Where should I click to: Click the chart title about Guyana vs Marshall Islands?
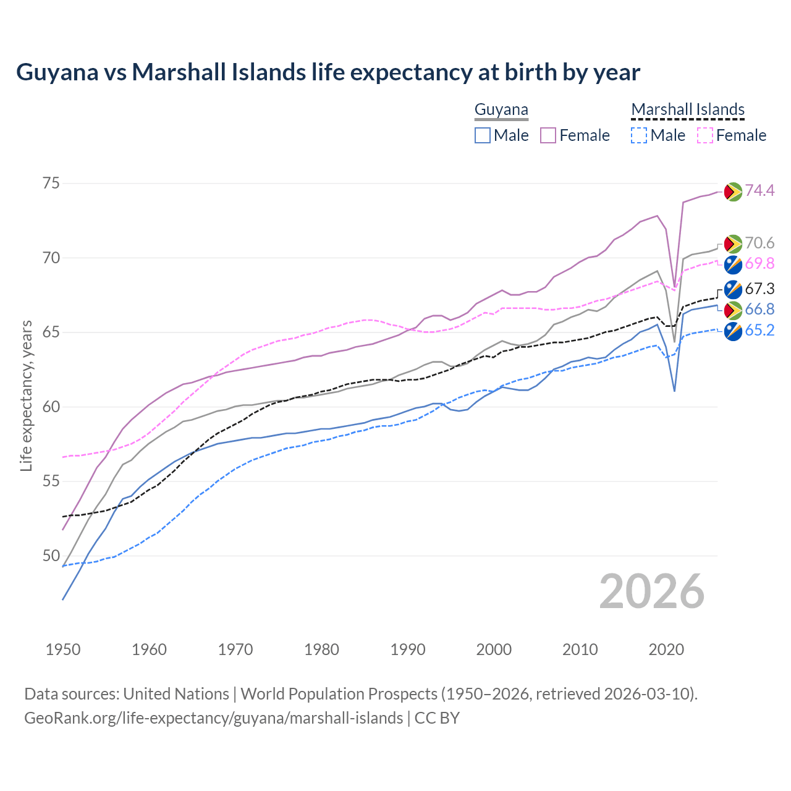pyautogui.click(x=328, y=72)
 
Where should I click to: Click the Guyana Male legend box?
pyautogui.click(x=483, y=135)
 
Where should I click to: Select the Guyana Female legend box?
pyautogui.click(x=548, y=135)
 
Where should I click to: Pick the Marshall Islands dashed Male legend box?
pyautogui.click(x=639, y=135)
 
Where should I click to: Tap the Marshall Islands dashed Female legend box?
pyautogui.click(x=704, y=135)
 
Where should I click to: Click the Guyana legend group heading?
pyautogui.click(x=501, y=110)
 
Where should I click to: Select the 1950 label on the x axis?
pyautogui.click(x=63, y=649)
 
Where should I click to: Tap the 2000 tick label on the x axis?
pyautogui.click(x=494, y=649)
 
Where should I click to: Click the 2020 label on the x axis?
pyautogui.click(x=666, y=649)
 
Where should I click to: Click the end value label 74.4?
pyautogui.click(x=759, y=191)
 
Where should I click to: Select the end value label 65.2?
pyautogui.click(x=759, y=331)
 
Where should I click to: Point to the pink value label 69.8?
pyautogui.click(x=759, y=264)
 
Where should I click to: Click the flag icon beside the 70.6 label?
pyautogui.click(x=733, y=243)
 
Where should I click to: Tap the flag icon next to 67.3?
pyautogui.click(x=733, y=289)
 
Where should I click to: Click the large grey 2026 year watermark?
pyautogui.click(x=652, y=592)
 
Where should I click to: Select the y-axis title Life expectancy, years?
pyautogui.click(x=26, y=395)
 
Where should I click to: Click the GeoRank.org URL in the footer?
pyautogui.click(x=213, y=718)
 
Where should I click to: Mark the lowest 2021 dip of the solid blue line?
pyautogui.click(x=674, y=391)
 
